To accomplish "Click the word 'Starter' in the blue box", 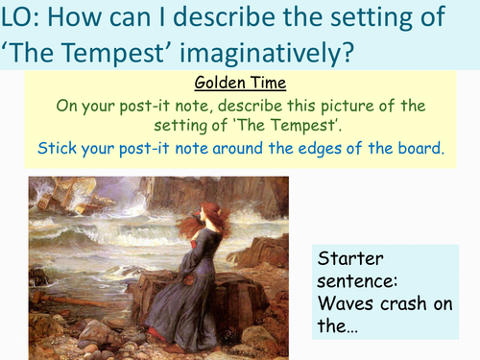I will coord(357,262).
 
